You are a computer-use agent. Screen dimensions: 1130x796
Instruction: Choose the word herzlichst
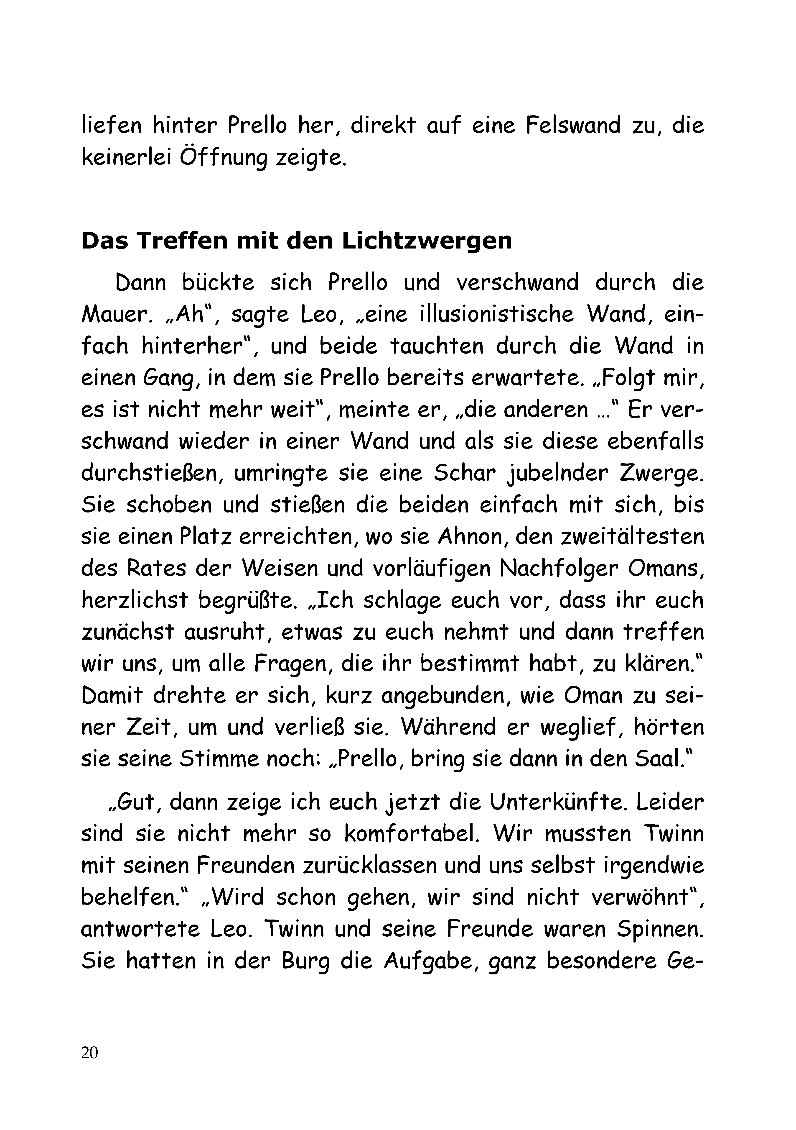pyautogui.click(x=134, y=600)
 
